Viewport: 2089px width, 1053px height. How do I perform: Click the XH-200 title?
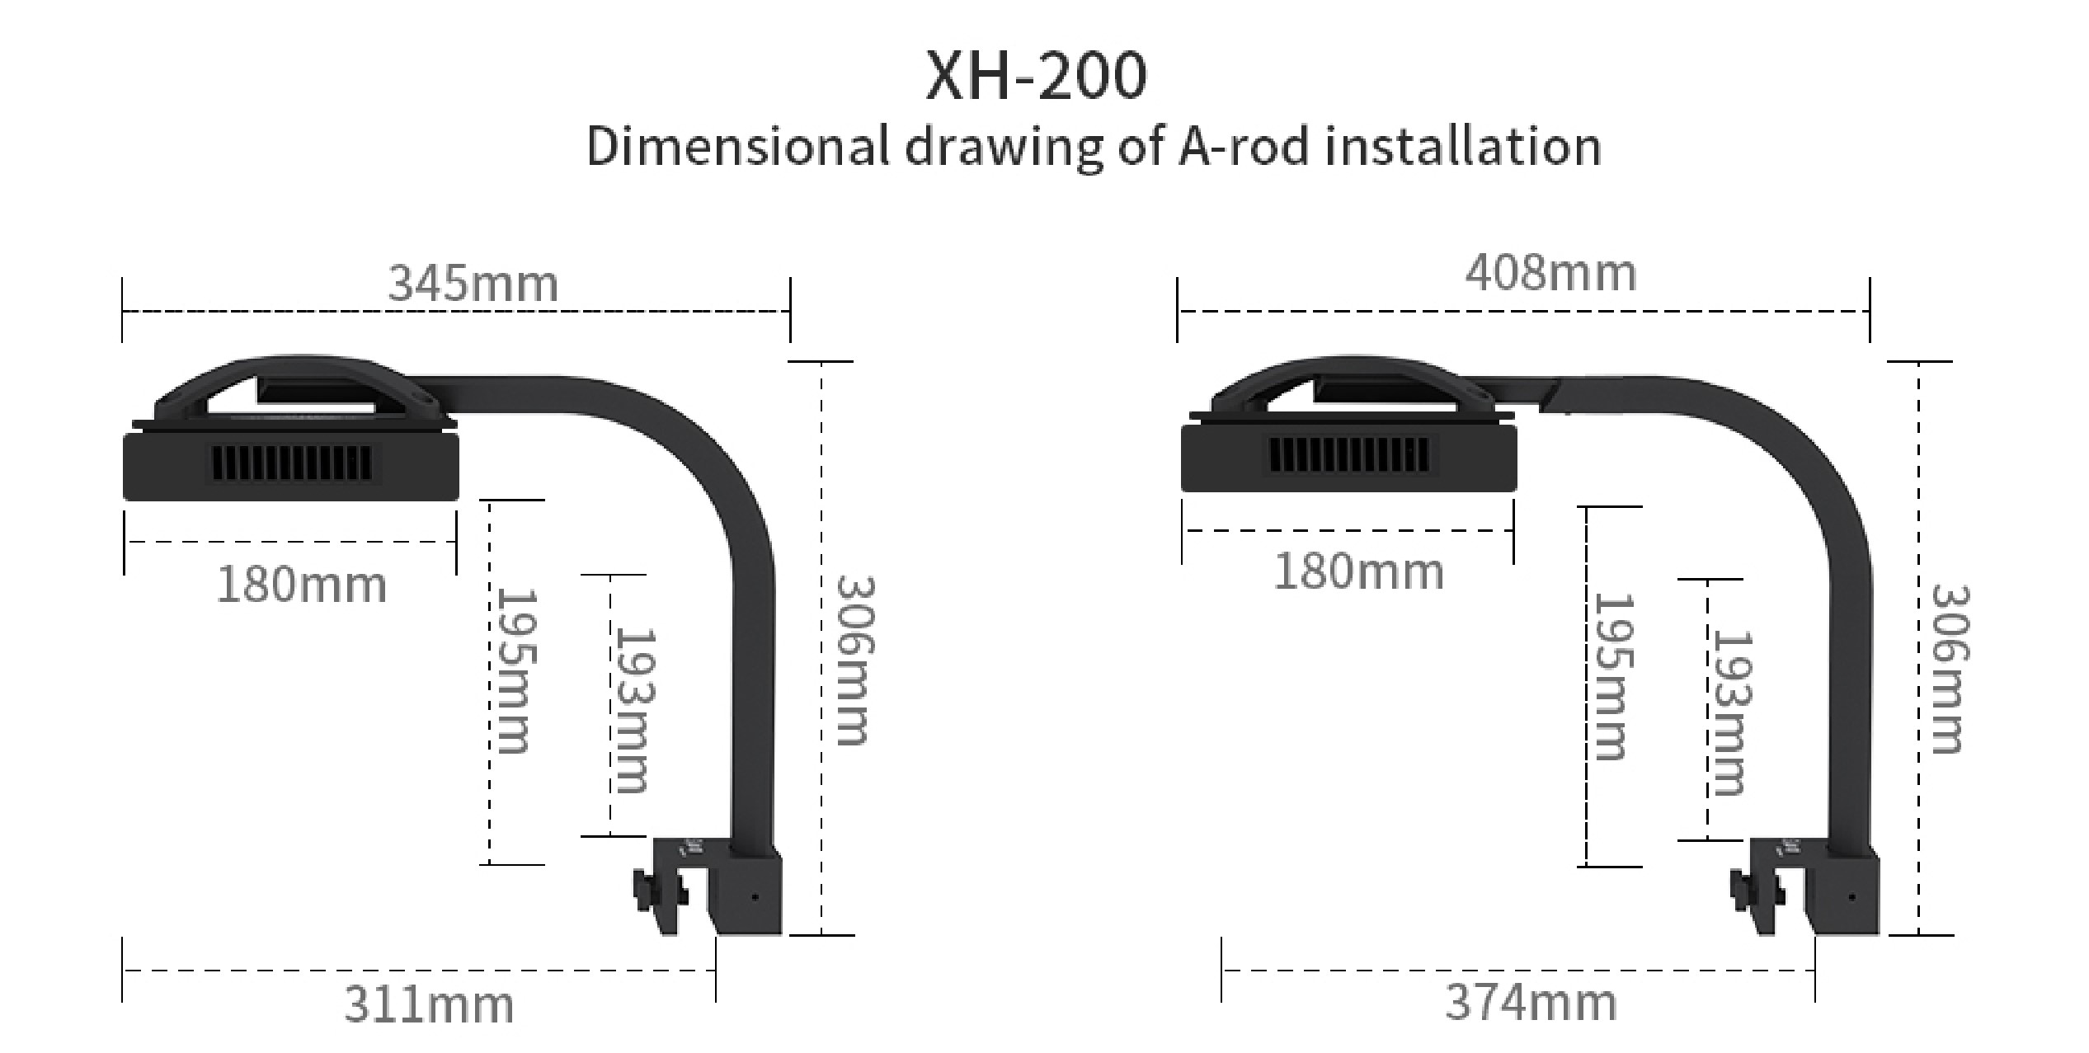[1036, 76]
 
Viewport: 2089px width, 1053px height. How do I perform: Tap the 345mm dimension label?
[473, 284]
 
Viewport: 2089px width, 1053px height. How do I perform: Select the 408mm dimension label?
[1550, 273]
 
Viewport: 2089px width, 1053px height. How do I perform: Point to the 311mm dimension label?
[428, 1005]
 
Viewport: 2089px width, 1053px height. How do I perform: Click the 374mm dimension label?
[1531, 1004]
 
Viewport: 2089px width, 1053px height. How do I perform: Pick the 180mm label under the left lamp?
[301, 585]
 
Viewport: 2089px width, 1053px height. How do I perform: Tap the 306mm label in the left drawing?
[854, 660]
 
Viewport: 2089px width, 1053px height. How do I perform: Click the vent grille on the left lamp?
[293, 465]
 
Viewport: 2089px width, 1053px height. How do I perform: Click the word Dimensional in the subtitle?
[738, 147]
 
